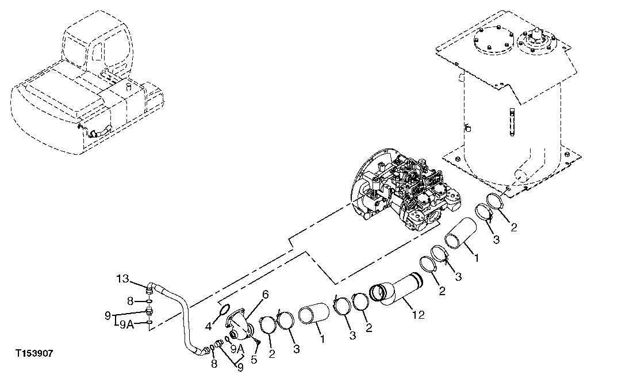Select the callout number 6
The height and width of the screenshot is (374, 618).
(x=265, y=294)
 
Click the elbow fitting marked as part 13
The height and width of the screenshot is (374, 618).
(x=151, y=285)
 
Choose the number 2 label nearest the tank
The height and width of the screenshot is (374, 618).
(x=513, y=227)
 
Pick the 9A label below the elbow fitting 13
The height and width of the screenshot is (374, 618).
(x=126, y=325)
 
